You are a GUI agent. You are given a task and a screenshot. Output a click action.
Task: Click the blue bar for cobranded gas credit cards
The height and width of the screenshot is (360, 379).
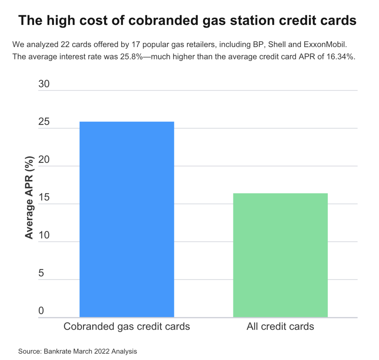(127, 219)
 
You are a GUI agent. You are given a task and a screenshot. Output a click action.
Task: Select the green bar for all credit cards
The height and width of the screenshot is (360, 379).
(280, 255)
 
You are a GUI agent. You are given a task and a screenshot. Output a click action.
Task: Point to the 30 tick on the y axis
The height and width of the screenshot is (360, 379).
(44, 84)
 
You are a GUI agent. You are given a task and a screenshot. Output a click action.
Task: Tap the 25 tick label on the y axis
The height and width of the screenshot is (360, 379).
(44, 122)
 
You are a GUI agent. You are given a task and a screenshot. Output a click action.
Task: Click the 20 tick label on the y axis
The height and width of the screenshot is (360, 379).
(44, 159)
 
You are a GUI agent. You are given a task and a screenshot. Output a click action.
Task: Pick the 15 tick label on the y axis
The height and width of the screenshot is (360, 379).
(44, 197)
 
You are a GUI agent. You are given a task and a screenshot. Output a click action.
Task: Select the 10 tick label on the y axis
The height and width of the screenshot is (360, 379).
(44, 235)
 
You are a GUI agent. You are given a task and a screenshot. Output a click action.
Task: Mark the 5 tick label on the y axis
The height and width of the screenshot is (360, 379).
(41, 273)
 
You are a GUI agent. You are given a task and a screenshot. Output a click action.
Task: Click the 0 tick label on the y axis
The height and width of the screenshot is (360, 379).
(41, 311)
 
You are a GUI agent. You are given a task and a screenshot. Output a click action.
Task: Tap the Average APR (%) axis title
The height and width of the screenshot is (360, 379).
(29, 197)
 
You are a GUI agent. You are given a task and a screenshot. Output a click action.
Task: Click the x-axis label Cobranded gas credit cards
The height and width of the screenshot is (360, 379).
(127, 326)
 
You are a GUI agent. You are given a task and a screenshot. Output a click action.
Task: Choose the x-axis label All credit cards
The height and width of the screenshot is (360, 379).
(280, 326)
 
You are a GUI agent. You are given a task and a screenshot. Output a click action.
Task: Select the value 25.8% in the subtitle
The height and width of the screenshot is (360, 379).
(131, 57)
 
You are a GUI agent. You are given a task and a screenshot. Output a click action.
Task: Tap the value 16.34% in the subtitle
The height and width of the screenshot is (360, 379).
(340, 57)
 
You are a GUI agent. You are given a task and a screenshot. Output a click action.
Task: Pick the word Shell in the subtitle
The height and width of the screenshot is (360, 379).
(277, 45)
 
